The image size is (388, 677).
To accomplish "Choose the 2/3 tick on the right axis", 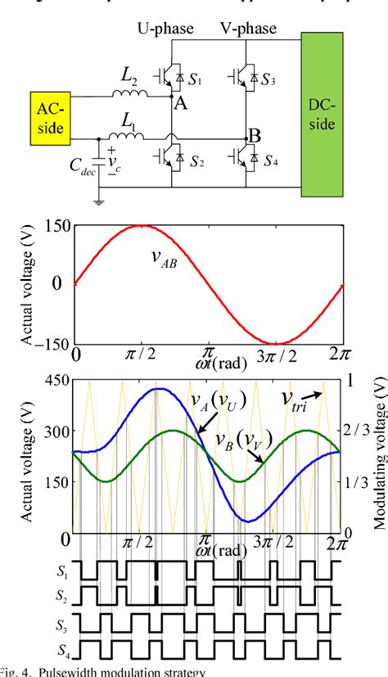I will pos(358,431).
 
